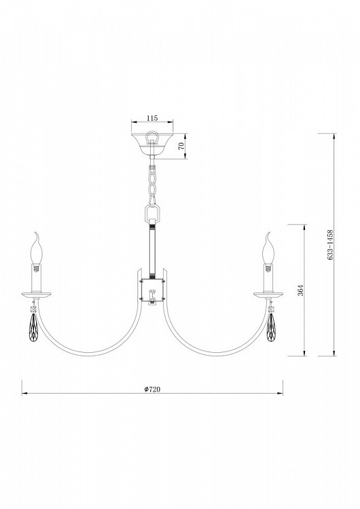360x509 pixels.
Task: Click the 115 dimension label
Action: tap(152, 118)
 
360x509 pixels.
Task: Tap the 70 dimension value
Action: tap(181, 146)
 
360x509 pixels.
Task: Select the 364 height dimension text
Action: tap(300, 290)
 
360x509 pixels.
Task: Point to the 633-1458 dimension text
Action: tap(330, 245)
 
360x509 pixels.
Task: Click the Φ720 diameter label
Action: tap(152, 389)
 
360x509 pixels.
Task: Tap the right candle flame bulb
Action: tap(268, 248)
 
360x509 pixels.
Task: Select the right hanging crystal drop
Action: tap(270, 327)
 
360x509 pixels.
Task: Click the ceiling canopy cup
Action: tap(152, 144)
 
